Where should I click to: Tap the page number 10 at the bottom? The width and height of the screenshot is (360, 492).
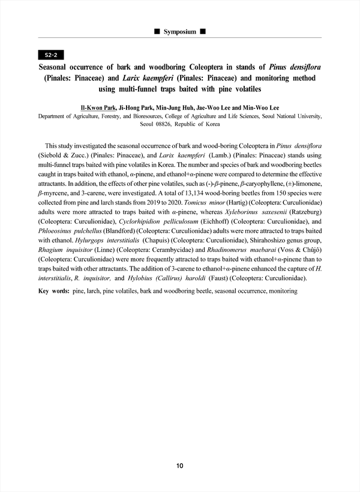pos(180,466)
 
